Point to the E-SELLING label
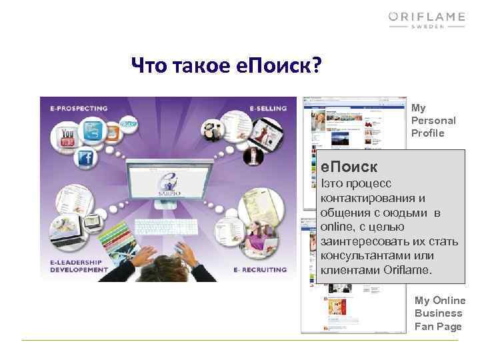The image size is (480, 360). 268,107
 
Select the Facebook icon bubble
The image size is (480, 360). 85,158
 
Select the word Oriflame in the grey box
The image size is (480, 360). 408,270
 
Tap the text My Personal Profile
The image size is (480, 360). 433,120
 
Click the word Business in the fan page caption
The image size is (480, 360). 438,313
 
